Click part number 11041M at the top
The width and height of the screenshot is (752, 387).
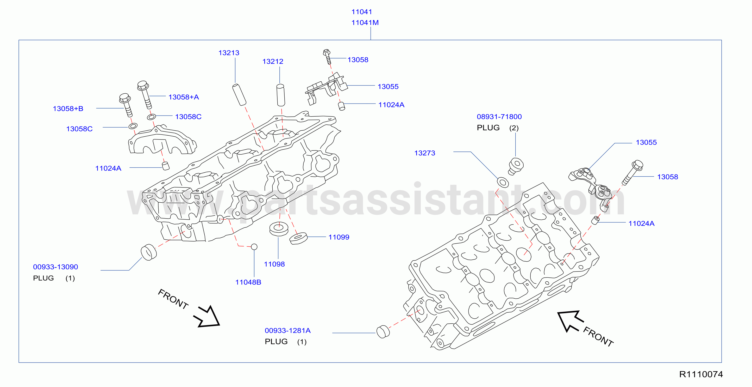click(x=365, y=22)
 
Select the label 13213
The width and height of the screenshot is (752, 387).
click(x=229, y=53)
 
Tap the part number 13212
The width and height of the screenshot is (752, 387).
click(x=273, y=61)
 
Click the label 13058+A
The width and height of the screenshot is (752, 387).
click(x=184, y=97)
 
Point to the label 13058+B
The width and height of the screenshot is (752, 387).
click(x=68, y=109)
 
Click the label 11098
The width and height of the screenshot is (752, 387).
click(x=274, y=264)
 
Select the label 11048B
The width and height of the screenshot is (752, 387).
click(x=248, y=282)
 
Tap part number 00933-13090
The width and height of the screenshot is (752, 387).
click(x=55, y=267)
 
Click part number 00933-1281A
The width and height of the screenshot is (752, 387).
click(x=287, y=331)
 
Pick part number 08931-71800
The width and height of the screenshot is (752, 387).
click(x=499, y=117)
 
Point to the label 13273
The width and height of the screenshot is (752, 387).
click(x=425, y=153)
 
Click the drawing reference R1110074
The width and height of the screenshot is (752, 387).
click(x=701, y=374)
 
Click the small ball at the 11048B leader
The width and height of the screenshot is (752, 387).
click(x=254, y=247)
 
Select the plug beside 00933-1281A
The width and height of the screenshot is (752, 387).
click(x=383, y=332)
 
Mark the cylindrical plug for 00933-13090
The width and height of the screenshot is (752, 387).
click(x=149, y=252)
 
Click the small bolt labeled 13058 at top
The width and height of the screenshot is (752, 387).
click(x=327, y=57)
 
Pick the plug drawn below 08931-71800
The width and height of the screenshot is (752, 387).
click(x=515, y=166)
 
